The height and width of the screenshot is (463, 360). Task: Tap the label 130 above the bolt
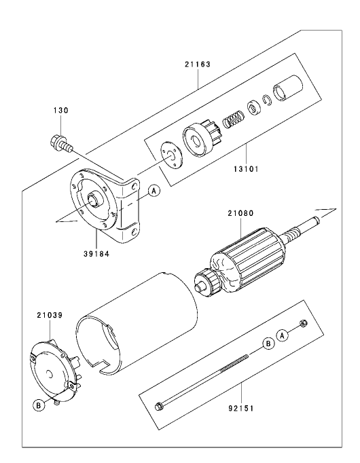click(61, 110)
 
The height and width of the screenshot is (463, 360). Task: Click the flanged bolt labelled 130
click(58, 143)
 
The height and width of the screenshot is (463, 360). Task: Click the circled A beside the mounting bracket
click(154, 191)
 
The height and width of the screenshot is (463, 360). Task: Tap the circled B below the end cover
click(39, 405)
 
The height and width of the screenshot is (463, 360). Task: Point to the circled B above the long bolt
click(268, 344)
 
